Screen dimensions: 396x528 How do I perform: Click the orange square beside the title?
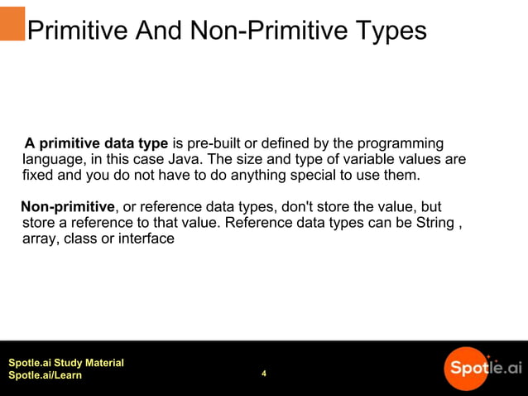coord(12,23)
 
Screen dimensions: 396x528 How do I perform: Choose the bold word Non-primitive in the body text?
coord(68,206)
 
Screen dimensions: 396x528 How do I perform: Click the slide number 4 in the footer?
coord(264,374)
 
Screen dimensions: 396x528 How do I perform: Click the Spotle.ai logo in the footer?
coord(482,367)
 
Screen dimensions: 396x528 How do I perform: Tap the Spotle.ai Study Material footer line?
coord(66,363)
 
